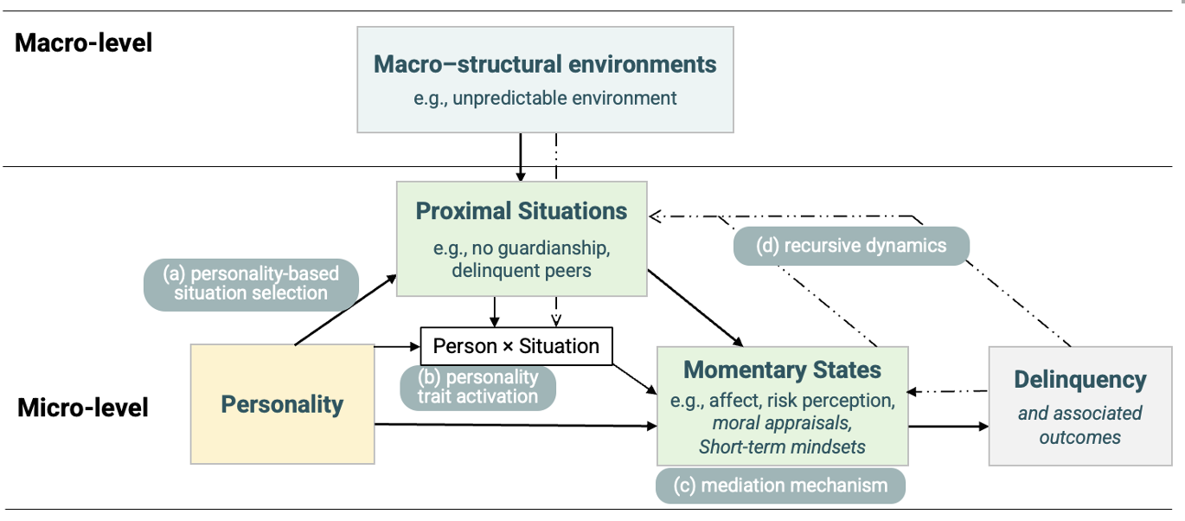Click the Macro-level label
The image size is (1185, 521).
(x=84, y=42)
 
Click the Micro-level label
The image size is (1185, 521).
(x=83, y=407)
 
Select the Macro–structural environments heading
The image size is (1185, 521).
(x=545, y=64)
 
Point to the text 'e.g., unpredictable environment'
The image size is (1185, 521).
(x=545, y=98)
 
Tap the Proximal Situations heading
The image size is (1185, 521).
(x=522, y=211)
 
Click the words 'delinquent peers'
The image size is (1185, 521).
(x=522, y=271)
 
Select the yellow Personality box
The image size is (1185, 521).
(x=282, y=404)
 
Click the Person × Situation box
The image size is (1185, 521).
(x=516, y=346)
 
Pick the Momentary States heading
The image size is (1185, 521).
(x=782, y=370)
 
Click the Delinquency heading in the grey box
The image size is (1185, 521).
(x=1079, y=379)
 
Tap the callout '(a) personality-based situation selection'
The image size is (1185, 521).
(x=251, y=283)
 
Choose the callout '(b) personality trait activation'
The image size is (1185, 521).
(x=477, y=387)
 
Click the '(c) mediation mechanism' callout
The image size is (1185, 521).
(x=781, y=486)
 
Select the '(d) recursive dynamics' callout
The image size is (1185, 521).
(x=851, y=246)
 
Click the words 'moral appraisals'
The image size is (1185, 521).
(x=782, y=424)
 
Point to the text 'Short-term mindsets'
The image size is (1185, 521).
(x=782, y=447)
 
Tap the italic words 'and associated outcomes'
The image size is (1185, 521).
(x=1079, y=425)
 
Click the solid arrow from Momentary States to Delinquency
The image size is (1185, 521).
(x=948, y=427)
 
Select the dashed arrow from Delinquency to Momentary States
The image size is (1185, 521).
(x=948, y=391)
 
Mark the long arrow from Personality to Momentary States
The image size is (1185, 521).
(x=515, y=425)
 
